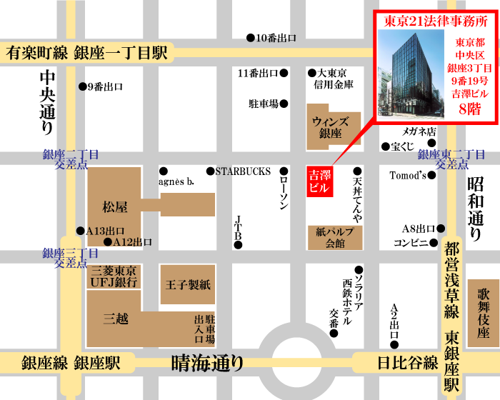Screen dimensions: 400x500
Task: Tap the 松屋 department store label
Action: [x=114, y=207]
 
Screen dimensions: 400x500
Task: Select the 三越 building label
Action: [x=116, y=319]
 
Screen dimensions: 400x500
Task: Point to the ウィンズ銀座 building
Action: [x=329, y=127]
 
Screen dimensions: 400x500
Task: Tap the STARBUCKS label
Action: [x=243, y=171]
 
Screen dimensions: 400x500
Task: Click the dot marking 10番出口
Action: [x=250, y=38]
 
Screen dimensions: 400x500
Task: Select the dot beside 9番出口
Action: [x=81, y=86]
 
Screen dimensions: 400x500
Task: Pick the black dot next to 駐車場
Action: [x=284, y=104]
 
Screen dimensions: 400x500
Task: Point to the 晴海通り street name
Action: [x=208, y=364]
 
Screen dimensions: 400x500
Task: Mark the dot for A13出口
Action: [x=80, y=231]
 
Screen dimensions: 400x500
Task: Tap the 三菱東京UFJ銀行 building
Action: [x=114, y=277]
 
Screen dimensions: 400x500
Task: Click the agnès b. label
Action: [x=178, y=181]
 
